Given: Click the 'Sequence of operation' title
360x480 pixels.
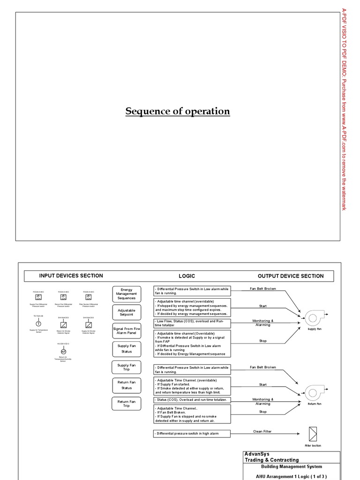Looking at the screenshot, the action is coord(178,112).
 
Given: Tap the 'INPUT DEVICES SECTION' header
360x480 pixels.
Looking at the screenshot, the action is coord(71,276).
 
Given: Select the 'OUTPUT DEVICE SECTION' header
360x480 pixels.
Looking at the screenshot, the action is coord(291,276).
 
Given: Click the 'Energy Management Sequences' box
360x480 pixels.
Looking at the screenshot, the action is coord(126,294).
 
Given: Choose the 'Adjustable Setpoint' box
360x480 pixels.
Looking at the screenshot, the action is coord(126,312).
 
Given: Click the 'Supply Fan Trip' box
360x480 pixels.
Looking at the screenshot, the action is coord(126,368).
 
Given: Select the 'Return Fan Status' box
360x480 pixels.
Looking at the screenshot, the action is coord(126,385).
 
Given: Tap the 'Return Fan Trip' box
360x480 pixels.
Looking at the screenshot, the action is coord(126,404).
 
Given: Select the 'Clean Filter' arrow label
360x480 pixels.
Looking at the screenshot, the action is coord(262,432).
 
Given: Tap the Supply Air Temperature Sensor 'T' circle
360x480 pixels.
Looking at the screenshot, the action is coord(38,324).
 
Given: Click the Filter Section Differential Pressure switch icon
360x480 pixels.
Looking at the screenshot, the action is coord(89,298).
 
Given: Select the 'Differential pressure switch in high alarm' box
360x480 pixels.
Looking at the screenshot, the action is coord(192,434).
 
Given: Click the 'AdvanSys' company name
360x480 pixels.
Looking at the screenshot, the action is coord(257,454).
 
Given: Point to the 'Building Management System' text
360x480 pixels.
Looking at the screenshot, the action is coord(291,466).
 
